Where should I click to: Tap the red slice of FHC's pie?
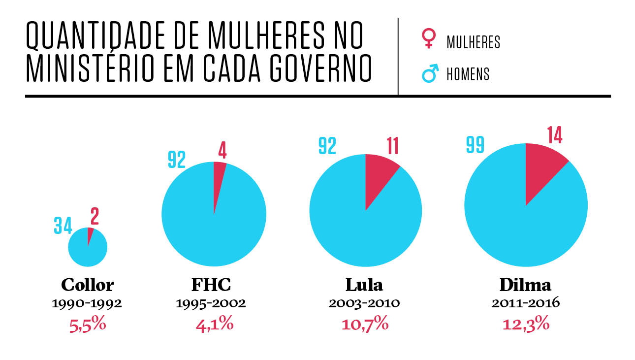tap(218, 177)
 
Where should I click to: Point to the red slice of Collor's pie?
tap(90, 235)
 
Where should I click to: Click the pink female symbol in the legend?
tap(429, 39)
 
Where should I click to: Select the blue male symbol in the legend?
tap(430, 74)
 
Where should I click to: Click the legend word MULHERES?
tap(473, 42)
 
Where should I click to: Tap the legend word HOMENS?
tap(468, 74)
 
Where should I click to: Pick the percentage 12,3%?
tap(526, 325)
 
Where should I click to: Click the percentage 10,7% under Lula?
tap(365, 325)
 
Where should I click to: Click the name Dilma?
tap(525, 285)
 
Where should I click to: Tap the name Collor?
tap(87, 285)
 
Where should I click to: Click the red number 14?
tap(554, 135)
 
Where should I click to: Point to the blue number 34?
tap(63, 226)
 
